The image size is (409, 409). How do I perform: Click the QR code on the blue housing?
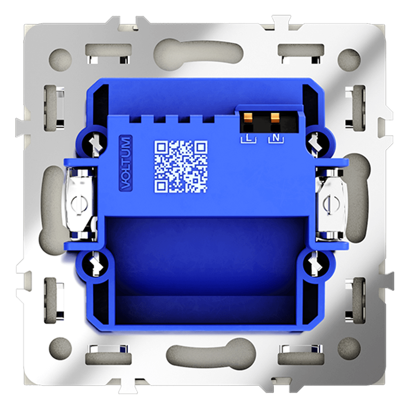[x=181, y=167]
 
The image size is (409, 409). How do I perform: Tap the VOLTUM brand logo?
[x=126, y=164]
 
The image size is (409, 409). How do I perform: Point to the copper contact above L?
[x=248, y=117]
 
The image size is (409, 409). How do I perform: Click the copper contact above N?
[x=275, y=117]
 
